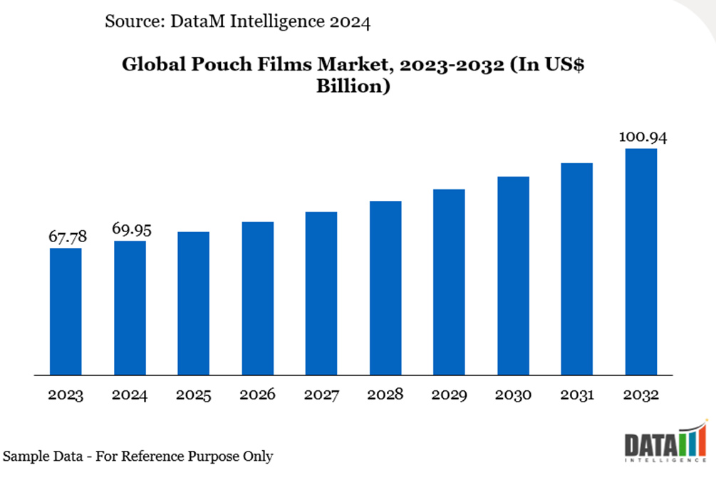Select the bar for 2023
coord(66,311)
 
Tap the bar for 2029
coord(449,281)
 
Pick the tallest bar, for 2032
coord(640,261)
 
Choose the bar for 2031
coord(577,268)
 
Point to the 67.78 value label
coord(66,236)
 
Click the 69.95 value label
coord(132,229)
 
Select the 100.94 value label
coord(642,137)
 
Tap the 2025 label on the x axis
coord(193,395)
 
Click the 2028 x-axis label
coord(385,395)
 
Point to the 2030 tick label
coord(513,395)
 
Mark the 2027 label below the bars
coord(321,395)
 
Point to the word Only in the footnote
coord(257,456)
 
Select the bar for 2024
coord(130,308)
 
